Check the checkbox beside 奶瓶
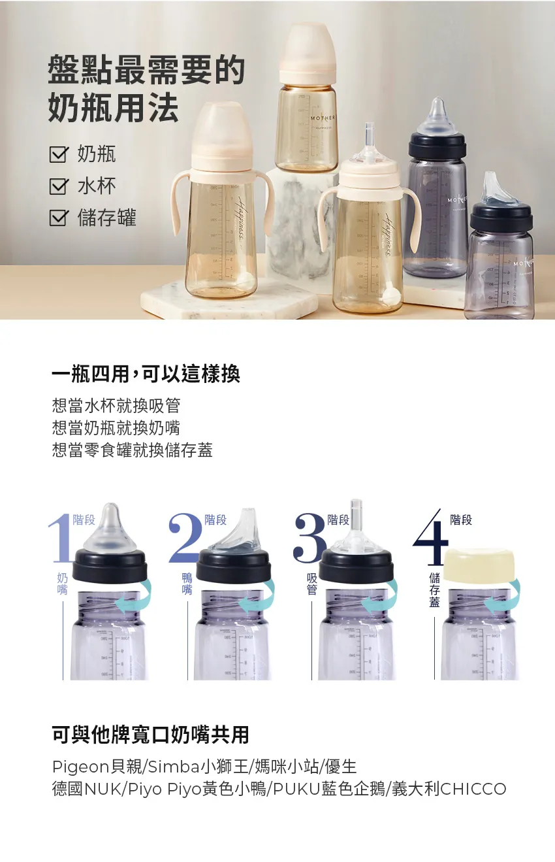[x=59, y=155]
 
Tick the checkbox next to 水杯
[x=59, y=187]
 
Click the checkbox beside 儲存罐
[x=59, y=218]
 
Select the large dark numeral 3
[x=309, y=537]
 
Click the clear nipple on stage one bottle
[x=110, y=529]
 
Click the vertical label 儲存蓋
[x=434, y=589]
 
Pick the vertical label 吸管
[x=312, y=584]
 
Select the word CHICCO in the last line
[x=473, y=789]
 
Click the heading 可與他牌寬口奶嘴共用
[x=150, y=735]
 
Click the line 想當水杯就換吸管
[x=116, y=406]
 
